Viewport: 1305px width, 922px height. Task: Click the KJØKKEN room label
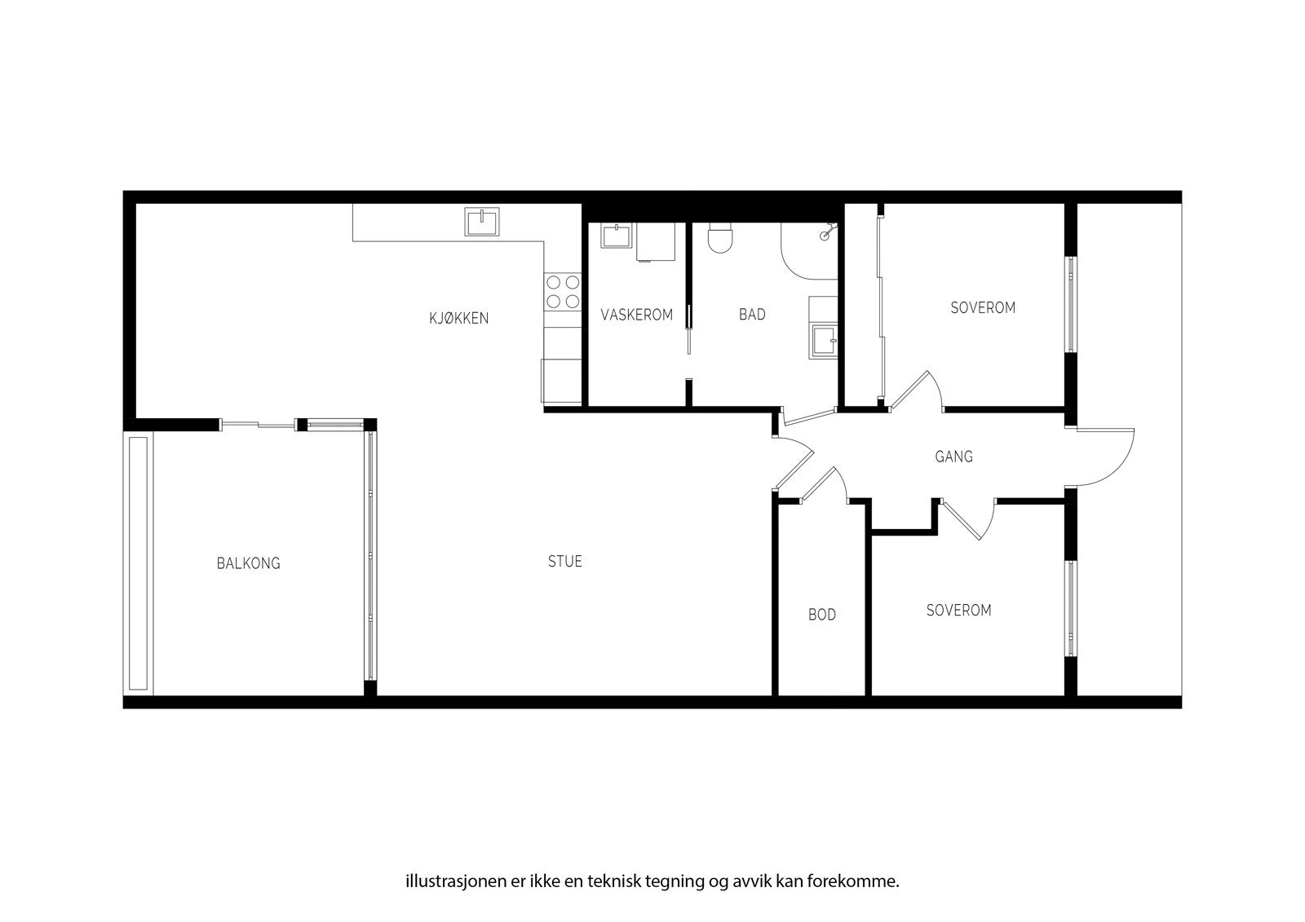pos(459,318)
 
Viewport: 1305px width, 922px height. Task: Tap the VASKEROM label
pos(636,315)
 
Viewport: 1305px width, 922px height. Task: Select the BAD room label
pos(752,315)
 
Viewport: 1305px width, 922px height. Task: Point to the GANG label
pos(953,457)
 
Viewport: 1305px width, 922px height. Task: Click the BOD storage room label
pos(822,615)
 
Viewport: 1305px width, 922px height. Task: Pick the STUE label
pos(564,562)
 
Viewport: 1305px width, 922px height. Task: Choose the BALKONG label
pos(248,563)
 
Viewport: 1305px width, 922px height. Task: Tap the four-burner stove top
pos(562,292)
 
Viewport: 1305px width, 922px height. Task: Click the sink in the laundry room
pos(614,236)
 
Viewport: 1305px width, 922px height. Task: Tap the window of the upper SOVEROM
pos(1070,305)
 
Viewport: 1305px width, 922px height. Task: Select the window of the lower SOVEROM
pos(1070,608)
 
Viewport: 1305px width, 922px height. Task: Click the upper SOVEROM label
pos(983,308)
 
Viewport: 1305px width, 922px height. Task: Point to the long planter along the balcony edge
pos(138,563)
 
